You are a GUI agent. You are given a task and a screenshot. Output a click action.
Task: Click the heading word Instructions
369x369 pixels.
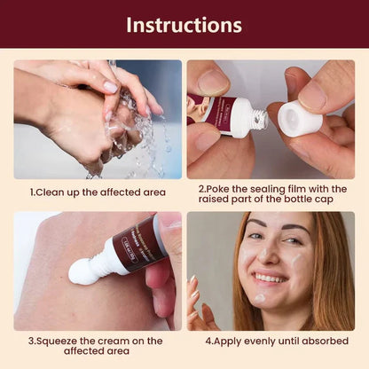point(184,24)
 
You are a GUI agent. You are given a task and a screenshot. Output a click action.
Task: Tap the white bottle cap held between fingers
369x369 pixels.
point(299,119)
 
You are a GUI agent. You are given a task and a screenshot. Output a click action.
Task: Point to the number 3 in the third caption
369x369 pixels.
point(31,340)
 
